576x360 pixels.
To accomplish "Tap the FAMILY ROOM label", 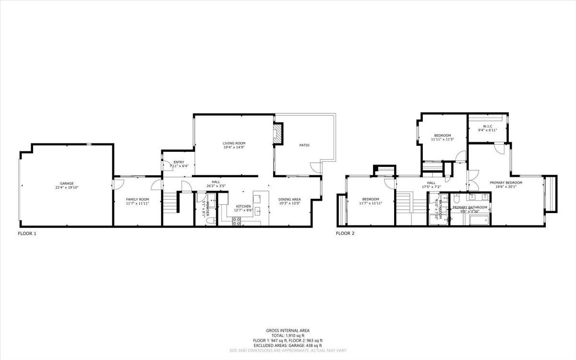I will click(x=137, y=199).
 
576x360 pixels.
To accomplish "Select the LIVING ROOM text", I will click(x=234, y=143).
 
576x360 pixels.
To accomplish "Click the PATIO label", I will click(x=304, y=145).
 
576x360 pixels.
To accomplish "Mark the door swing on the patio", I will click(x=315, y=168).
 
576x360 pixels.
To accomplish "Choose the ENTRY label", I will click(x=179, y=162).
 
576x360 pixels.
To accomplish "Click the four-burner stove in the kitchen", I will click(x=237, y=221).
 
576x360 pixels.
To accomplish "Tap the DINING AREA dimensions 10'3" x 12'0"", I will click(x=289, y=203).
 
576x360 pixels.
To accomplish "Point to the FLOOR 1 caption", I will click(x=27, y=234).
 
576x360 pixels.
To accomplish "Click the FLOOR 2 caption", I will click(x=345, y=234).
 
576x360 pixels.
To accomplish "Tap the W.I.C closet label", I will click(x=488, y=126).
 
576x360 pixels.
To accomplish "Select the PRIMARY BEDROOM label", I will click(x=505, y=182).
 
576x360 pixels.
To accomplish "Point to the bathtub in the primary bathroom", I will click(x=479, y=220).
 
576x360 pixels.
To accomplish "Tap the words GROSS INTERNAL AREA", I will click(x=288, y=330).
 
